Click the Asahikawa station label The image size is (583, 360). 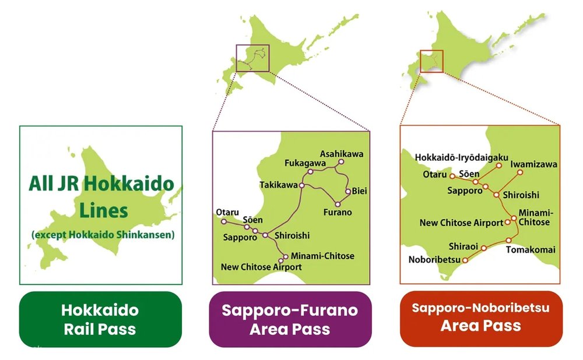[x=341, y=154]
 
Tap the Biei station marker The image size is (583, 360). [x=348, y=191]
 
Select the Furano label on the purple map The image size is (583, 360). [x=338, y=213]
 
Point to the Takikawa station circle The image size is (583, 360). [x=302, y=185]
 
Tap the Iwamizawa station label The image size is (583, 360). [x=533, y=164]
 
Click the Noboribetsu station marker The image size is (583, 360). [x=465, y=261]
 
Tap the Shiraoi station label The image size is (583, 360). [x=464, y=246]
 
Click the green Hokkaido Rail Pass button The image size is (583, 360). [x=100, y=319]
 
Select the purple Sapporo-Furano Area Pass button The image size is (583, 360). [x=290, y=319]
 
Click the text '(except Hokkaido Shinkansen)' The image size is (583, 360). [x=103, y=235]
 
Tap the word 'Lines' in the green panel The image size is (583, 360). [x=102, y=210]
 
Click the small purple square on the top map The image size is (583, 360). [x=252, y=58]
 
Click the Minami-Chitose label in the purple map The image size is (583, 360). [x=322, y=256]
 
